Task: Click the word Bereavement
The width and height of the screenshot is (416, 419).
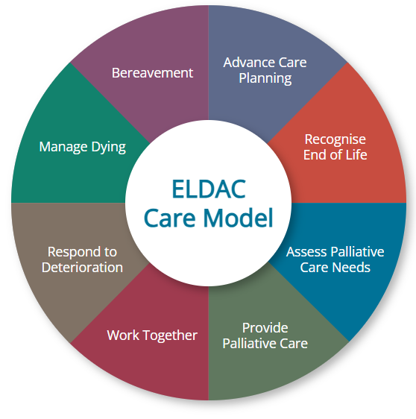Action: tap(152, 73)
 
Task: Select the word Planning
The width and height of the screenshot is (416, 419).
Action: tap(265, 78)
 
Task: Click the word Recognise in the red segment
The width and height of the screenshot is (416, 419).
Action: tap(335, 139)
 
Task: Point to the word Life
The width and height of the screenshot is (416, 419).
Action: tap(356, 155)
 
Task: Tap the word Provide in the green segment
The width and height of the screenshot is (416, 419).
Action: tap(265, 328)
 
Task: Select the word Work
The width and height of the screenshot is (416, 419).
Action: tap(123, 335)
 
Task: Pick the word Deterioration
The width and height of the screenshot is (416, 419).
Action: tap(82, 268)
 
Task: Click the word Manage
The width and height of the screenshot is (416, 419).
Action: tap(63, 147)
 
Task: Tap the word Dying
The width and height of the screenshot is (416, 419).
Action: tap(109, 147)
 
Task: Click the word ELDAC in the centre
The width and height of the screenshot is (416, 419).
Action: tap(209, 189)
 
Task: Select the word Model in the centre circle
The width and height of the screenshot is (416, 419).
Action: tap(238, 218)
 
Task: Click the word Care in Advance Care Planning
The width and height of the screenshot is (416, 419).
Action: tap(292, 63)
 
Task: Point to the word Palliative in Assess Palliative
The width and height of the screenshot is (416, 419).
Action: tap(358, 252)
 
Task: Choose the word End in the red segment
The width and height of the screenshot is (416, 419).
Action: tap(315, 155)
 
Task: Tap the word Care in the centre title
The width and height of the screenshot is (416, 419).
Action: tap(170, 218)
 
